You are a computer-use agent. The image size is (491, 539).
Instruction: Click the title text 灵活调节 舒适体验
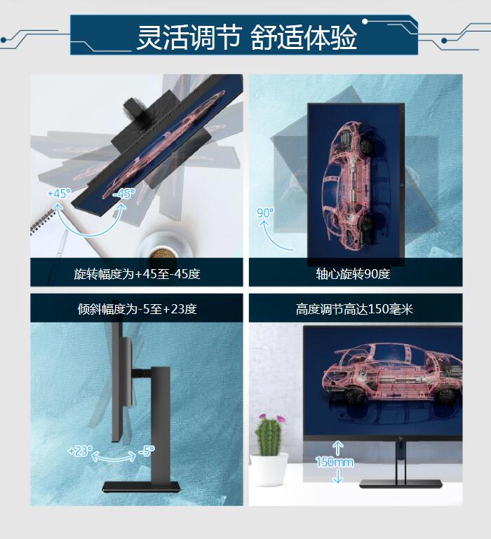tap(246, 37)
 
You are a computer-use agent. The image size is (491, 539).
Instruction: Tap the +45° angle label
tap(59, 193)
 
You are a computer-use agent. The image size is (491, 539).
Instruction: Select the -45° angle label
tap(124, 193)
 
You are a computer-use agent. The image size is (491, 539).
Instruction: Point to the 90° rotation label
tap(265, 213)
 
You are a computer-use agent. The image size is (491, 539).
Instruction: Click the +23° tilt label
tap(81, 451)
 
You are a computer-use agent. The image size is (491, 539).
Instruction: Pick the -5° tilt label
tap(147, 451)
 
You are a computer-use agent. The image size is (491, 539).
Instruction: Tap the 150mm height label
tap(335, 462)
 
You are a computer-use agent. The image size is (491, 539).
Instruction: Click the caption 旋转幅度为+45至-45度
tap(137, 274)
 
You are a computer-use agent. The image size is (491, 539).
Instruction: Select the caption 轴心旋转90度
tap(353, 274)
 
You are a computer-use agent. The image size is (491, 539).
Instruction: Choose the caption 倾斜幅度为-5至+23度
tap(137, 309)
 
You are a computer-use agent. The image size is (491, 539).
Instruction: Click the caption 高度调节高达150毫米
tap(354, 309)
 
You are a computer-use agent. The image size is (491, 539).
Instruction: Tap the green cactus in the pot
tap(269, 435)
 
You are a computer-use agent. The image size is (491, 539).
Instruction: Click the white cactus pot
tap(269, 469)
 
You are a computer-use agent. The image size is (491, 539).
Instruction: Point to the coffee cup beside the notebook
tap(164, 247)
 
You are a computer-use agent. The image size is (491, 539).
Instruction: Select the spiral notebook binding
tap(43, 221)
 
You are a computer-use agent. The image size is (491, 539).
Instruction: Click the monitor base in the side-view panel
tap(142, 486)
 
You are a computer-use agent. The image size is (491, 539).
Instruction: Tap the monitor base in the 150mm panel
tap(401, 484)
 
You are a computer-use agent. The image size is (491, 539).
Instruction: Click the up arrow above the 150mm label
tap(338, 449)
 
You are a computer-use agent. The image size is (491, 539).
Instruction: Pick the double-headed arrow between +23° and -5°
tap(114, 456)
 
